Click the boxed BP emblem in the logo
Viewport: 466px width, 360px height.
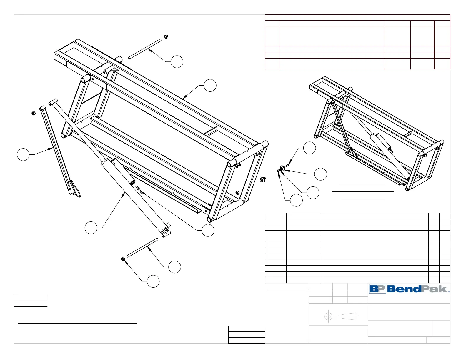point(377,289)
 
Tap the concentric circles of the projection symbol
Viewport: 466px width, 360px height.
point(328,316)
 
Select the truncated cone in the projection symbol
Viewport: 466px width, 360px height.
point(349,316)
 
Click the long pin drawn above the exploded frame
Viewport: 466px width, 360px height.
point(145,49)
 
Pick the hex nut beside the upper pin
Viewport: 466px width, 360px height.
point(166,37)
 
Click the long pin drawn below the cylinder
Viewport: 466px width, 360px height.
point(142,248)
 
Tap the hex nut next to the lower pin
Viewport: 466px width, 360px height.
point(123,259)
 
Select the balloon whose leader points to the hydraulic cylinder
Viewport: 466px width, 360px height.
point(91,228)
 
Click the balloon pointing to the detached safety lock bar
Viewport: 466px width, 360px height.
point(23,155)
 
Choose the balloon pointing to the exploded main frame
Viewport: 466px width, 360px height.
point(210,85)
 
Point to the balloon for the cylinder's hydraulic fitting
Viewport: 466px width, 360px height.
point(208,230)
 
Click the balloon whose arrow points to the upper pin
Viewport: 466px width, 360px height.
point(177,62)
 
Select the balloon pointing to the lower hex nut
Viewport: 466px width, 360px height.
point(153,281)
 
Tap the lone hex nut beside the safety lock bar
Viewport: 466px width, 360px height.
point(34,113)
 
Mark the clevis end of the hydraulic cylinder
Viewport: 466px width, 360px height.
point(166,230)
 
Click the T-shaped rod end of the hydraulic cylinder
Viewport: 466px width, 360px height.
point(53,102)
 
